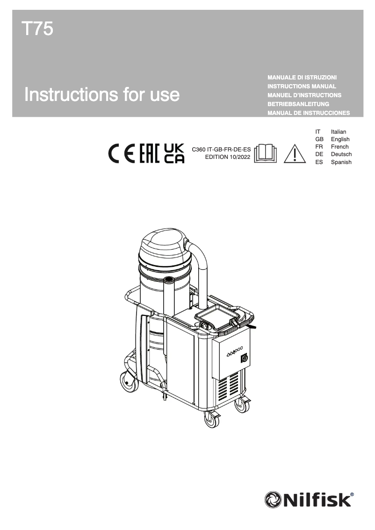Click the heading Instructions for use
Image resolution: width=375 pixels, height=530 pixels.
click(x=102, y=94)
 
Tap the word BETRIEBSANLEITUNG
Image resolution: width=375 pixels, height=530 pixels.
click(x=298, y=104)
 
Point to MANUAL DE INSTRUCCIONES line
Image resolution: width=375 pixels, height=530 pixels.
click(x=309, y=113)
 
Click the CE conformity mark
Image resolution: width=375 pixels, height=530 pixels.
click(x=122, y=153)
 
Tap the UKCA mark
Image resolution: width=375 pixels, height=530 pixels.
click(x=174, y=153)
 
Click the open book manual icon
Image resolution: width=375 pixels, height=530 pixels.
click(x=265, y=153)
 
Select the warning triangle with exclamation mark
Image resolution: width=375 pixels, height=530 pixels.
click(x=294, y=153)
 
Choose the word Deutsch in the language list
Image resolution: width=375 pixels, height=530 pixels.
click(x=341, y=154)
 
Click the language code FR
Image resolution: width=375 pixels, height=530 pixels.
click(x=319, y=147)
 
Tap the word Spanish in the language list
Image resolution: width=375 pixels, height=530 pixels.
click(x=341, y=162)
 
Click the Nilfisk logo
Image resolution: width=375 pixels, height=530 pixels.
click(x=309, y=499)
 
